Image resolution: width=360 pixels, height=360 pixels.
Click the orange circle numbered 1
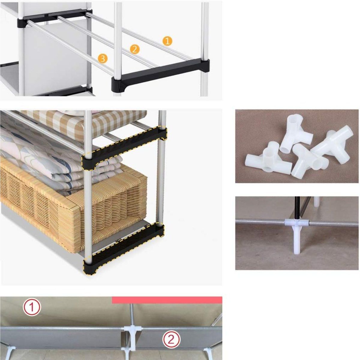167,41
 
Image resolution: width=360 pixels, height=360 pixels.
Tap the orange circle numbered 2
135,49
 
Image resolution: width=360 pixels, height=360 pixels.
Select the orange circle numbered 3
102,59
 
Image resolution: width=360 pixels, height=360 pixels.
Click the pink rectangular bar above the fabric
167,300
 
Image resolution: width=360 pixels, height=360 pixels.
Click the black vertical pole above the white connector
297,207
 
